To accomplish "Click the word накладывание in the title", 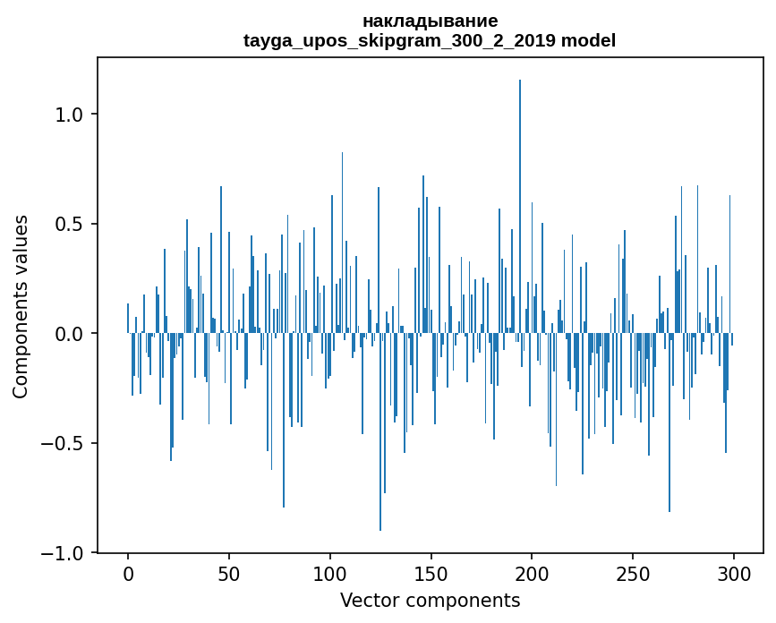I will coord(430,21).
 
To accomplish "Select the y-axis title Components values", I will coord(21,306).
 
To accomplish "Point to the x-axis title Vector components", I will coord(430,600).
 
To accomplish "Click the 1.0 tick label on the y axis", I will coord(69,115).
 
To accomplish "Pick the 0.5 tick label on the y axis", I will coord(69,224).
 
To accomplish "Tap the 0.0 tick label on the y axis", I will coord(69,334).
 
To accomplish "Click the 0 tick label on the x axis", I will coord(128,574).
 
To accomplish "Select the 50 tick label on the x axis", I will coord(229,574).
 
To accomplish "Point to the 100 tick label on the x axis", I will coord(330,574).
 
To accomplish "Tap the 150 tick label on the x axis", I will coord(431,574).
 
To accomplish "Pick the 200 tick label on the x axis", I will coord(533,574).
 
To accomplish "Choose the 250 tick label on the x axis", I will coord(634,574).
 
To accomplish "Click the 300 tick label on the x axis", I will coord(734,574).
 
